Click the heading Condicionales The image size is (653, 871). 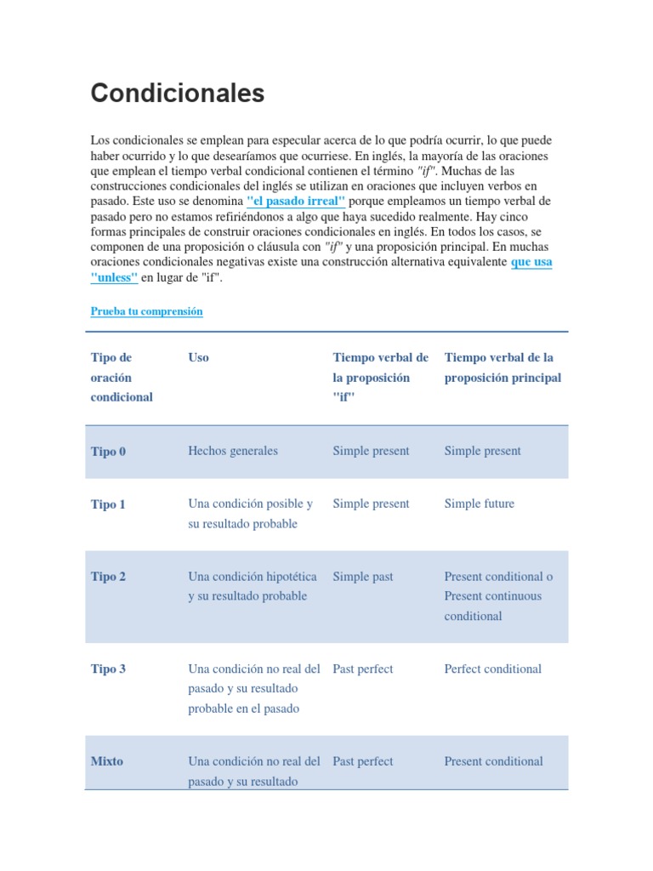[178, 93]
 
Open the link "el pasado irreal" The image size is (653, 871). [295, 201]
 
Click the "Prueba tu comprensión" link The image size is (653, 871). [146, 311]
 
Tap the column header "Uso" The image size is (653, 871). [198, 357]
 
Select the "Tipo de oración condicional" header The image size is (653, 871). [122, 377]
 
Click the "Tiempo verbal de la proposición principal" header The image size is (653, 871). [503, 367]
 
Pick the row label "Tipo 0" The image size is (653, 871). [108, 452]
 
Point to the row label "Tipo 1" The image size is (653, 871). [108, 504]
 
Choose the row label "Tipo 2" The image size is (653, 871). [108, 577]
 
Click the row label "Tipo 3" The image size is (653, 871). [108, 669]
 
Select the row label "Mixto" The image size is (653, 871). [106, 761]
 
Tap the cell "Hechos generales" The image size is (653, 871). [232, 451]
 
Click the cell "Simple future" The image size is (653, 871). [479, 504]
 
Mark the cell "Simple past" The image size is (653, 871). [362, 577]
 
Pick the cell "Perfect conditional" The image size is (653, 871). [492, 669]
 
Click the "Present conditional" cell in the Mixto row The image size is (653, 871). [493, 761]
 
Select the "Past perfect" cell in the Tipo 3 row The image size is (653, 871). [362, 669]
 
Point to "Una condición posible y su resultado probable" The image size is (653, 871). [250, 514]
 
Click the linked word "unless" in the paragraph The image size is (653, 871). [114, 277]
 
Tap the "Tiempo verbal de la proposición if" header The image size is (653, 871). [380, 377]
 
